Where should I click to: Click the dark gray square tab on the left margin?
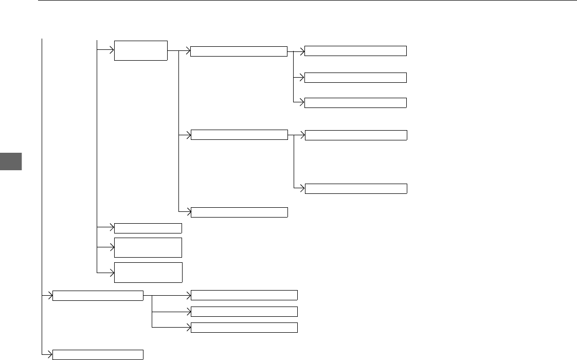11,161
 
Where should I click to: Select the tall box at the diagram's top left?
141,50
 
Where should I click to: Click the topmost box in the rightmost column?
355,50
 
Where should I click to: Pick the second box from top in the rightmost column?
355,78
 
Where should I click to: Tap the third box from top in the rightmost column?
355,102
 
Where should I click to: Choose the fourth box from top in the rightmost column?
355,135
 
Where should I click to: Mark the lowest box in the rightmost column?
355,188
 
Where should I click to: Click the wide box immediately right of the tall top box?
239,51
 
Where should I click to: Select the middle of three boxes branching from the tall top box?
239,135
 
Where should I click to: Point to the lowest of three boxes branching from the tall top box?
239,212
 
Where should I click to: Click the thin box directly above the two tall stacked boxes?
148,228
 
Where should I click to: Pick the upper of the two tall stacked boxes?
148,247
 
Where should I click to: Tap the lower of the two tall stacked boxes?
148,272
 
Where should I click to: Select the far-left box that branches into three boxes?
98,296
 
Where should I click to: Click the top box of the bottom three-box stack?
244,295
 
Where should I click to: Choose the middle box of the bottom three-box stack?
244,311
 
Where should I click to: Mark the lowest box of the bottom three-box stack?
244,327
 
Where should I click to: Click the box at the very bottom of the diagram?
98,354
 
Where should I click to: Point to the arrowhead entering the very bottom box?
50,354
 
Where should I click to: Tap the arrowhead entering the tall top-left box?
111,50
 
